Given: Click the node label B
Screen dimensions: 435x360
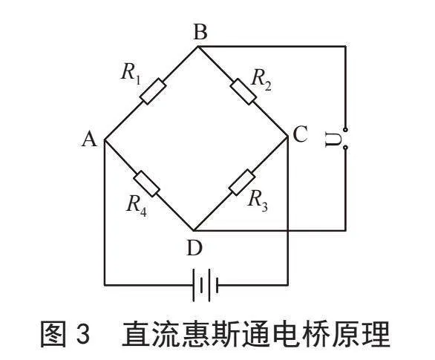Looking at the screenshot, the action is (x=200, y=32).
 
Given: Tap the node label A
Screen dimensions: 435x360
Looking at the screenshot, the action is (x=89, y=139).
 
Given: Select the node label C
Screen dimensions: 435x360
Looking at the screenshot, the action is (x=300, y=134).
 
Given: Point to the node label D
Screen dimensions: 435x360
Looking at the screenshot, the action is (x=194, y=248).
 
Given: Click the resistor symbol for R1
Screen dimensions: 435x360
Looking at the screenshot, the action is (x=153, y=91).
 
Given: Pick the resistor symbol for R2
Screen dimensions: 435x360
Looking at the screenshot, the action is (x=243, y=91).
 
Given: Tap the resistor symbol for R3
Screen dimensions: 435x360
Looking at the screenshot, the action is (x=242, y=182).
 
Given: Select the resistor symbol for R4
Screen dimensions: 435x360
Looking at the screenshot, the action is (x=146, y=183).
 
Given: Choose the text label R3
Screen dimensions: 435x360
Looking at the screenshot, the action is (x=258, y=200).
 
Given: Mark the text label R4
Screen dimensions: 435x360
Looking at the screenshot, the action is (x=137, y=206).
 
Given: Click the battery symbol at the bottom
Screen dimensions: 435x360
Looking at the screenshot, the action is (x=206, y=285).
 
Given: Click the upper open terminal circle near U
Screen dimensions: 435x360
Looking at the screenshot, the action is (x=345, y=129).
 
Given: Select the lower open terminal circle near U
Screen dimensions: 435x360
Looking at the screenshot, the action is (x=345, y=148).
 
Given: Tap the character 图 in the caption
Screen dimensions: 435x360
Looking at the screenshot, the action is (x=54, y=333).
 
